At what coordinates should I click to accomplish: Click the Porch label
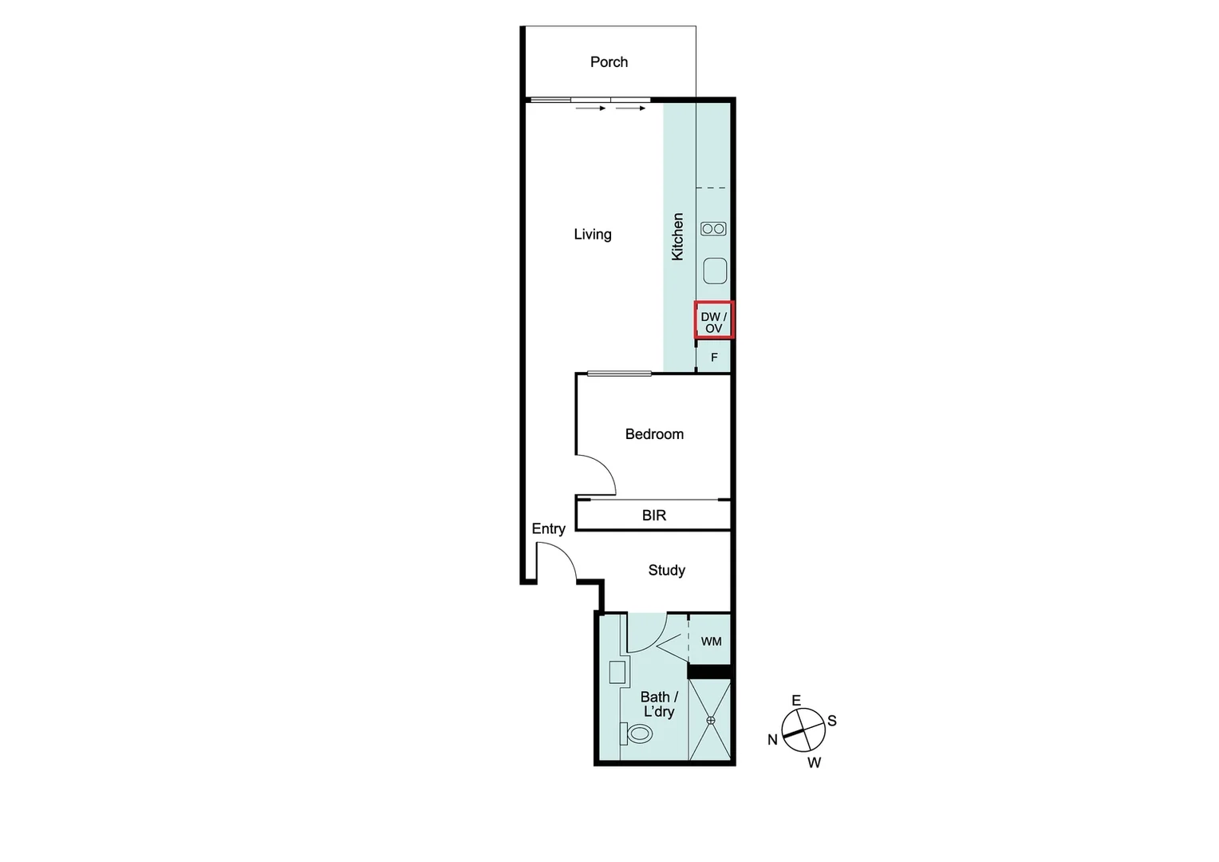pos(609,62)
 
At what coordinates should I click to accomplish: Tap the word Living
pos(593,235)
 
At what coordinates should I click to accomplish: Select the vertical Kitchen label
pos(677,236)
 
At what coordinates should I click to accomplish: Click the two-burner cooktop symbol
pos(713,229)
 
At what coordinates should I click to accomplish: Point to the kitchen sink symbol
pos(715,271)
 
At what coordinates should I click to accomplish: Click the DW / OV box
pos(714,321)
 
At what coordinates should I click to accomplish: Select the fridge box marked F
pos(714,358)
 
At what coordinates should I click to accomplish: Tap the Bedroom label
pos(654,434)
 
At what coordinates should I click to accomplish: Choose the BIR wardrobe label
pos(654,516)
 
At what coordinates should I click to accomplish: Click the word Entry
pos(548,528)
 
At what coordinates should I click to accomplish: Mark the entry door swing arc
pos(562,560)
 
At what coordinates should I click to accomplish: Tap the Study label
pos(666,570)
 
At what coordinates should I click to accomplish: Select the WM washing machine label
pos(711,641)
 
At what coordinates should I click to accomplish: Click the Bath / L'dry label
pos(659,704)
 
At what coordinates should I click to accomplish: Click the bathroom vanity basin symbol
pos(617,672)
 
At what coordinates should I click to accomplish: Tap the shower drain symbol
pos(711,720)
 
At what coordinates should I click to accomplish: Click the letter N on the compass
pos(772,740)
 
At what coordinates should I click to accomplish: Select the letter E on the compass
pos(795,700)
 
